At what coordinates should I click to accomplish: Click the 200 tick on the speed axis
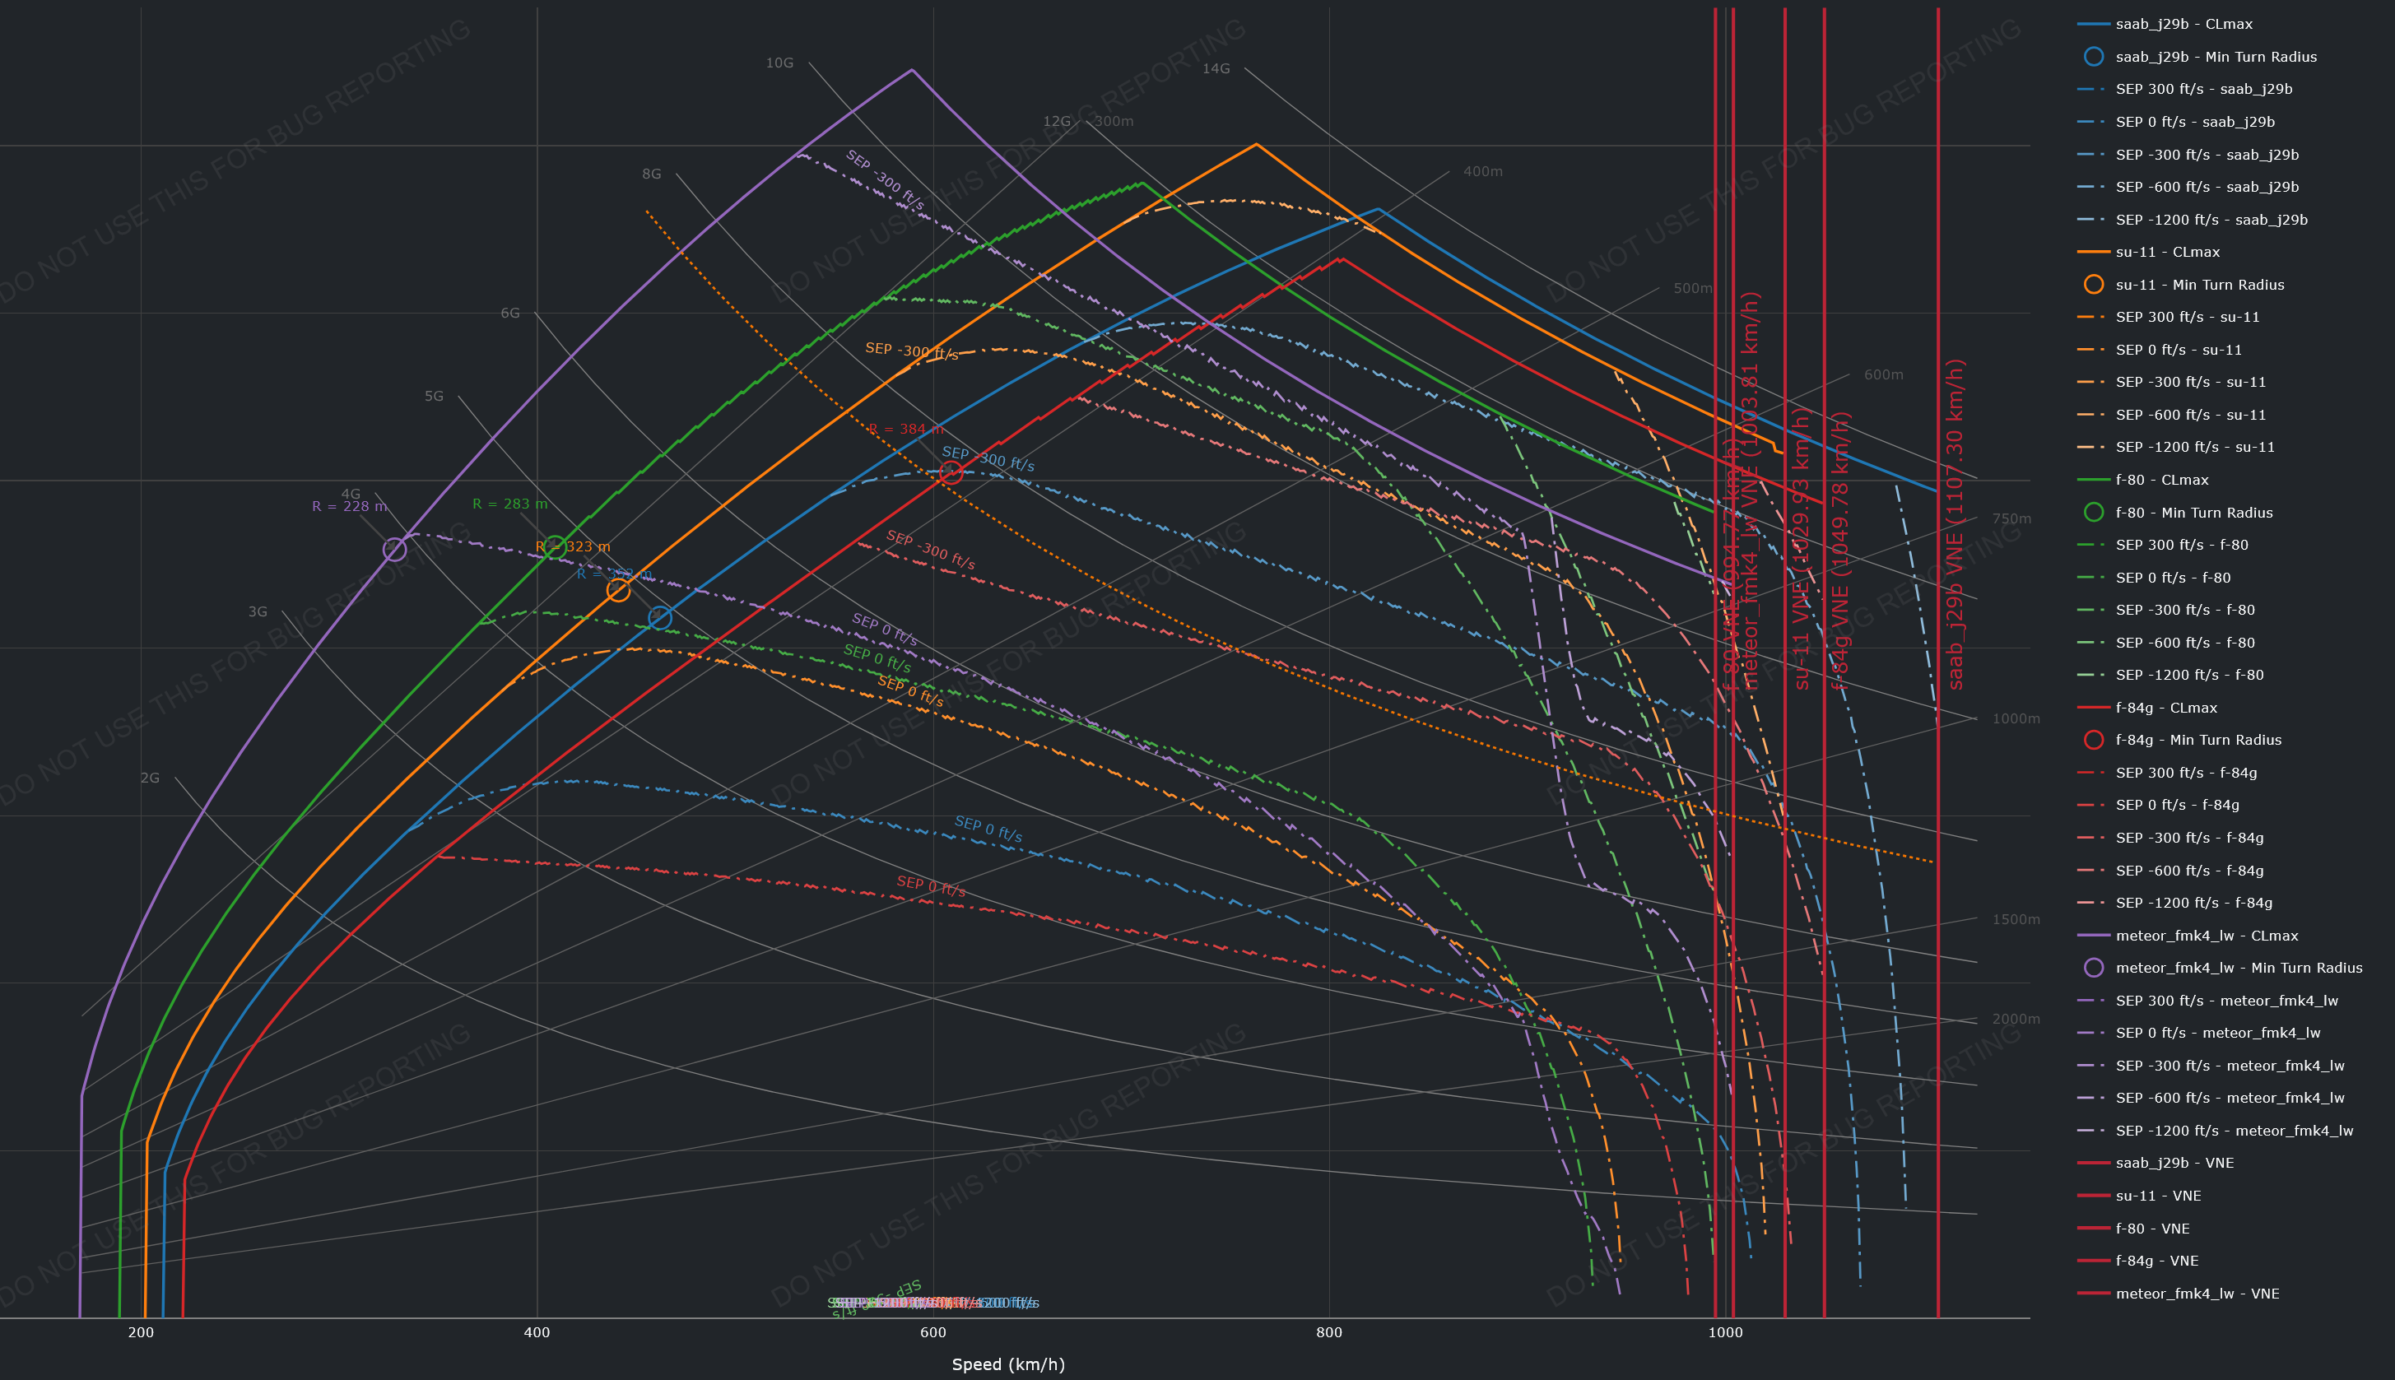[142, 1332]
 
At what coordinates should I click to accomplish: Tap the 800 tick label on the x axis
[1328, 1332]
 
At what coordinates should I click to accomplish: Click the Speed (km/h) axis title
[1007, 1365]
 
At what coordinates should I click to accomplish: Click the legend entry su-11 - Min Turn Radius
[2199, 285]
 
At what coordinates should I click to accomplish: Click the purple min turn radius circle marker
[394, 549]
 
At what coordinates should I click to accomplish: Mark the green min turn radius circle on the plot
[555, 547]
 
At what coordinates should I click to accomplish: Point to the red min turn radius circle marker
[951, 473]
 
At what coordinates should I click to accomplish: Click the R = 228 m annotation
[349, 506]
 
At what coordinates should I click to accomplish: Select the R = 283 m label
[510, 504]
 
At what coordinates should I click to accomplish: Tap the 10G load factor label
[779, 63]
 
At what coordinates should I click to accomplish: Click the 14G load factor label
[1215, 69]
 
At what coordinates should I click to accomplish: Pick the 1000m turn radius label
[2015, 718]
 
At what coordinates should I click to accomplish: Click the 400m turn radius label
[1482, 171]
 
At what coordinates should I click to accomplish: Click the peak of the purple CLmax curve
[912, 69]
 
